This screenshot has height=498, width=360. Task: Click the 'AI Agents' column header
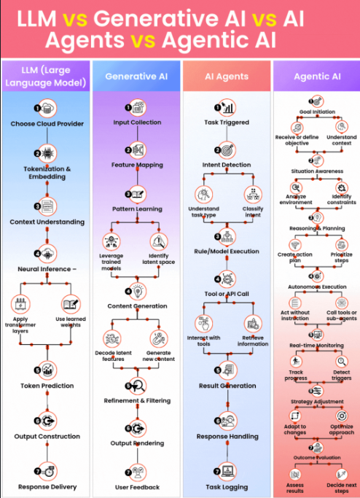point(227,77)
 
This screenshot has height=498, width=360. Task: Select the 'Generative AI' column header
point(136,77)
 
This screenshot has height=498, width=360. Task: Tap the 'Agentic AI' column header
point(317,77)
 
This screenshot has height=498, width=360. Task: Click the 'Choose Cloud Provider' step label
point(47,124)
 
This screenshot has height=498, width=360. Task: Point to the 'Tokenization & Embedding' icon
point(47,153)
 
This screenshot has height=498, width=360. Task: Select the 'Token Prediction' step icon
point(47,370)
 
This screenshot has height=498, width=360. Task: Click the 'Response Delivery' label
point(47,487)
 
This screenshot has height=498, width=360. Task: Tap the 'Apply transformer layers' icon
point(20,304)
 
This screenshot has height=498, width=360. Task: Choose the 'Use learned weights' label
point(71,322)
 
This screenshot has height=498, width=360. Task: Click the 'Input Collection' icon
point(138,108)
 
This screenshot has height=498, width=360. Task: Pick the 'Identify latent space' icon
point(159,242)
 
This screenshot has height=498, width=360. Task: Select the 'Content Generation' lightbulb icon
point(138,291)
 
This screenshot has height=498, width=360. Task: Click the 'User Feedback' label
point(138,487)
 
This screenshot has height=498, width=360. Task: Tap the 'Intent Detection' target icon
point(227,150)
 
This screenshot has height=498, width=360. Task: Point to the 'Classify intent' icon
point(253,195)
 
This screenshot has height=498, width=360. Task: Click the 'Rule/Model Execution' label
point(227,252)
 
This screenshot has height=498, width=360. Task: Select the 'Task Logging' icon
point(227,471)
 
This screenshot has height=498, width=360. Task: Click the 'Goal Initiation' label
point(317,112)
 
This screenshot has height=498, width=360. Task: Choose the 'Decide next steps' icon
point(342,475)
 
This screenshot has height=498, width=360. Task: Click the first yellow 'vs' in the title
point(75,19)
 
